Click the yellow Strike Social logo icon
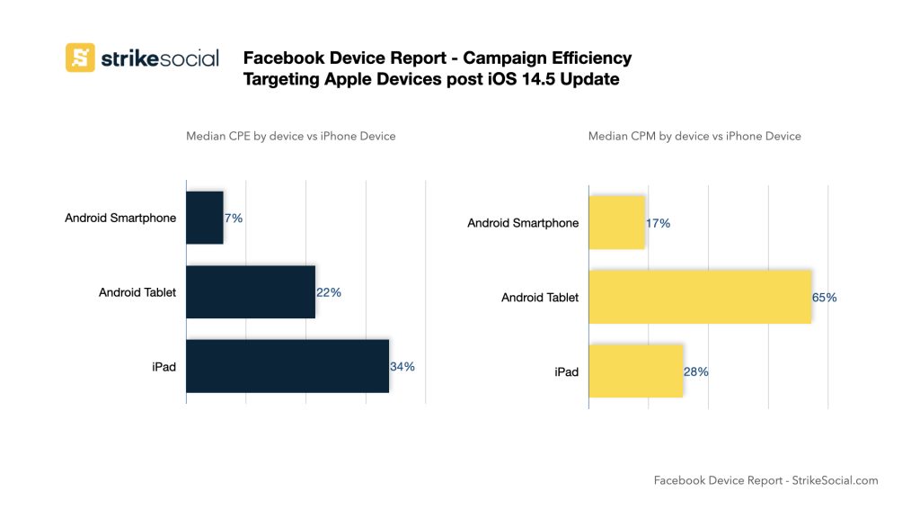click(x=80, y=58)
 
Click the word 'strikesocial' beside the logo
click(x=159, y=58)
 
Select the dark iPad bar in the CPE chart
click(x=287, y=366)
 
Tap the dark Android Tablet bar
click(x=251, y=291)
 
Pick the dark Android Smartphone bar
click(x=205, y=218)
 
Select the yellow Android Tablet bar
click(x=700, y=297)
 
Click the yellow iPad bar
click(x=636, y=371)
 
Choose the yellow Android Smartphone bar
click(x=617, y=223)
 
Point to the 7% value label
click(x=234, y=218)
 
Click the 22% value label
click(x=329, y=292)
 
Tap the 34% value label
click(x=402, y=366)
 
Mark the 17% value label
click(x=658, y=223)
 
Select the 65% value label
click(x=825, y=297)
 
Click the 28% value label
click(x=696, y=371)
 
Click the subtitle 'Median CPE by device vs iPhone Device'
click(x=290, y=137)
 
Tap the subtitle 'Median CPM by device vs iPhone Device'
click(x=694, y=137)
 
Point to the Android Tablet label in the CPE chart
click(x=137, y=292)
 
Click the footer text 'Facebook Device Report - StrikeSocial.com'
click(x=765, y=480)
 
